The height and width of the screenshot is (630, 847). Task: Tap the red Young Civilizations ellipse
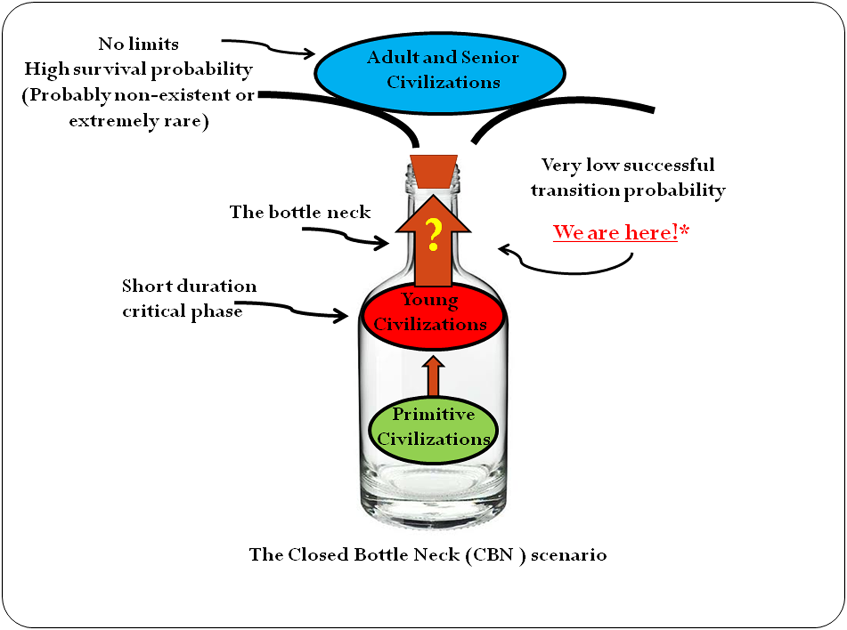tap(433, 316)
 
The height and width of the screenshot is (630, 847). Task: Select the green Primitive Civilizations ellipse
tap(433, 430)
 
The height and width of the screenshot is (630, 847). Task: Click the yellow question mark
tap(434, 235)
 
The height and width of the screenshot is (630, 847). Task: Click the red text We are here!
tap(616, 232)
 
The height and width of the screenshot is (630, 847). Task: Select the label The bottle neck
tap(300, 212)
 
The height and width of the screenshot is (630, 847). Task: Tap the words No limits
tap(139, 44)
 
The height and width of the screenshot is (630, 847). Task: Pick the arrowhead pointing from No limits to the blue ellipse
tap(309, 53)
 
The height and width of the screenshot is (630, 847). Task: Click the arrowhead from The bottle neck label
tap(382, 243)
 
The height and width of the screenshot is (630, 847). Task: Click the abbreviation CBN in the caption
tap(493, 554)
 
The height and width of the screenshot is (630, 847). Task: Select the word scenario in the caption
tap(569, 555)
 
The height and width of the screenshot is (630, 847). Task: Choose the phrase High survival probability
tap(139, 69)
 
